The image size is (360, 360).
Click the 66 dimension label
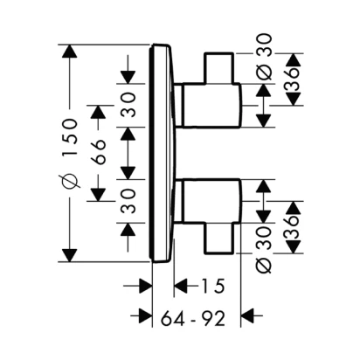pos(98,151)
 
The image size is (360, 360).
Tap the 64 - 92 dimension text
pos(193,318)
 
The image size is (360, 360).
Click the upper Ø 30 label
pos(265,57)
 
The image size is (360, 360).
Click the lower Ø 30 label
pos(265,251)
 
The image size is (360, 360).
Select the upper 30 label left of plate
pos(128,105)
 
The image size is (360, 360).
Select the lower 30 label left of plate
pos(128,201)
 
